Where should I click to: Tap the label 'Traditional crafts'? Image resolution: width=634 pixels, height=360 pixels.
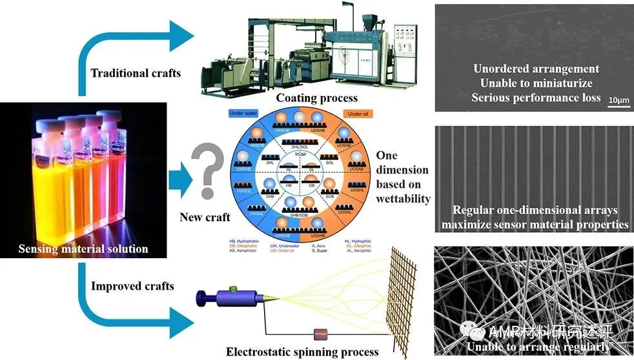[136, 73]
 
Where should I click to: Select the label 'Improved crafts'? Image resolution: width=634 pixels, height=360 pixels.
[132, 286]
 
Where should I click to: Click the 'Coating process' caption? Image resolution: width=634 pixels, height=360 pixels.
[316, 98]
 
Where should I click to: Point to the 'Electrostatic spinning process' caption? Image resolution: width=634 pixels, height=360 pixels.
[302, 352]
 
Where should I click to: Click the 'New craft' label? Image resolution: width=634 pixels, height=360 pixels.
[205, 217]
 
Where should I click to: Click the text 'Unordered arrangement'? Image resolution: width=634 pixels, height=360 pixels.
[536, 69]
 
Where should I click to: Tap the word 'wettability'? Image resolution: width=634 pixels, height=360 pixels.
[404, 198]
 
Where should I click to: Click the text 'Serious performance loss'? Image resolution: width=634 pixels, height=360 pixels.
[536, 98]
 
